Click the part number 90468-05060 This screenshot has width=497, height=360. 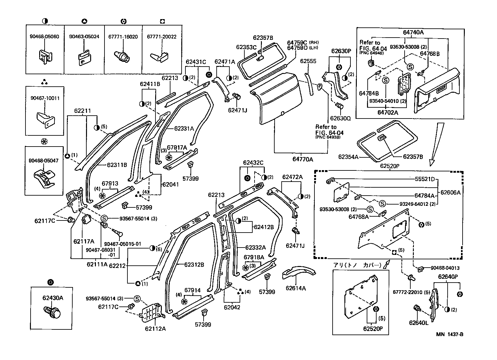[x=45, y=37]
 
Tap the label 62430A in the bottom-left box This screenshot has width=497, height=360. [x=53, y=298]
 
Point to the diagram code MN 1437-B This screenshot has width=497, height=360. [x=450, y=335]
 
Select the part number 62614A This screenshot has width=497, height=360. [x=296, y=288]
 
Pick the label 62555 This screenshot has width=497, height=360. [x=308, y=61]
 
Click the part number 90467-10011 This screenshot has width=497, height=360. [x=45, y=98]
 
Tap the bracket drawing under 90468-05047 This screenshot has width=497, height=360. [x=44, y=178]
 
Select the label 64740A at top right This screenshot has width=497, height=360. [x=413, y=32]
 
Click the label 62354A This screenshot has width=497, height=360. [x=348, y=157]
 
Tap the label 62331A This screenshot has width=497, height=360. [x=184, y=128]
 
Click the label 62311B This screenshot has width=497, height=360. [x=117, y=165]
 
